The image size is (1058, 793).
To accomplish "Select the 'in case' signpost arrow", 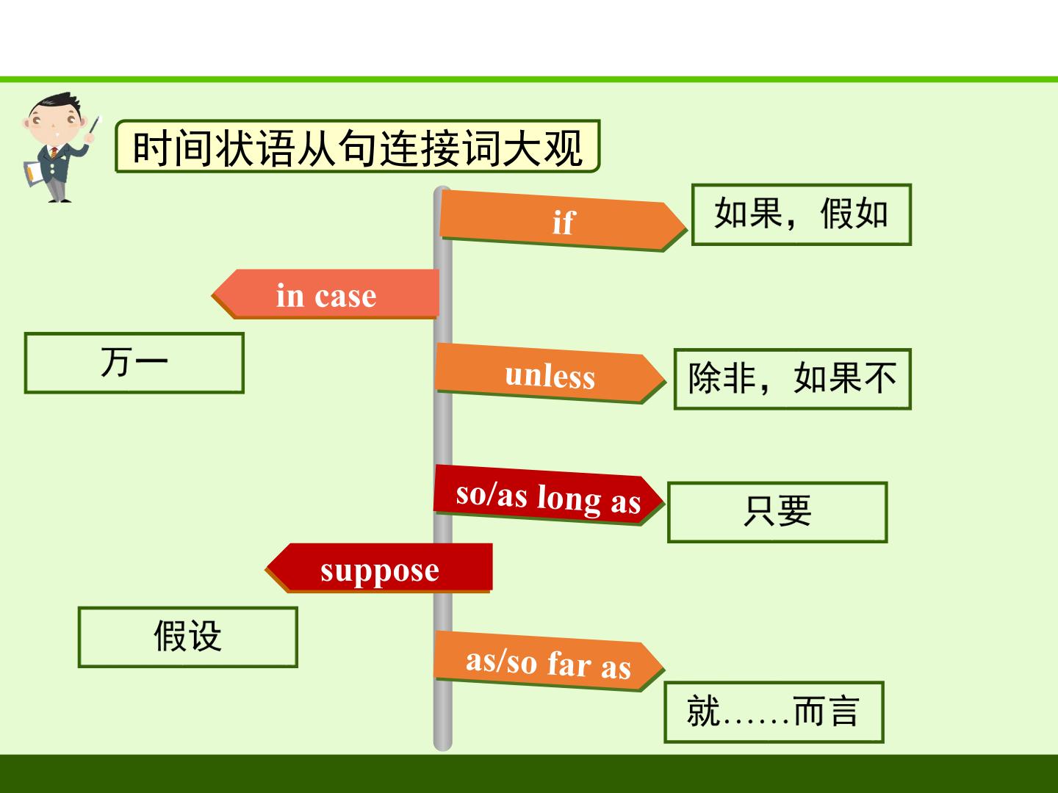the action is pyautogui.click(x=325, y=294).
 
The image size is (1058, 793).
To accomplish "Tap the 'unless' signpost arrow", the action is pyautogui.click(x=550, y=374).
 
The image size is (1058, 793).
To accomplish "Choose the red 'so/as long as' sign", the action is pyautogui.click(x=549, y=496).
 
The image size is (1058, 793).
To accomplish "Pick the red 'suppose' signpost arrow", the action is pyautogui.click(x=379, y=568).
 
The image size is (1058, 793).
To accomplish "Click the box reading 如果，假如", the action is pyautogui.click(x=801, y=214).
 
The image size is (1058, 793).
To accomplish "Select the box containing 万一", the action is pyautogui.click(x=134, y=363).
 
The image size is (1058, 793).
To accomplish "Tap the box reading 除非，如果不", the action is pyautogui.click(x=793, y=379).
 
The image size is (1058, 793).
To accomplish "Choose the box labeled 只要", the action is pyautogui.click(x=777, y=513).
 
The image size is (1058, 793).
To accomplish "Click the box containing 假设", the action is pyautogui.click(x=187, y=637).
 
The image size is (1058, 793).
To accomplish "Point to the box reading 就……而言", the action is pyautogui.click(x=774, y=712).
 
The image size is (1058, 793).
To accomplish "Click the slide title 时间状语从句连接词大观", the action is pyautogui.click(x=358, y=146).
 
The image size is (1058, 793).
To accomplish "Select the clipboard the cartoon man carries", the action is pyautogui.click(x=33, y=173).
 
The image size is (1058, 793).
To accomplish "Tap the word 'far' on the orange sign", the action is pyautogui.click(x=569, y=663).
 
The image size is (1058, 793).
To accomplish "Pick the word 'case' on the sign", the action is pyautogui.click(x=345, y=296).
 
